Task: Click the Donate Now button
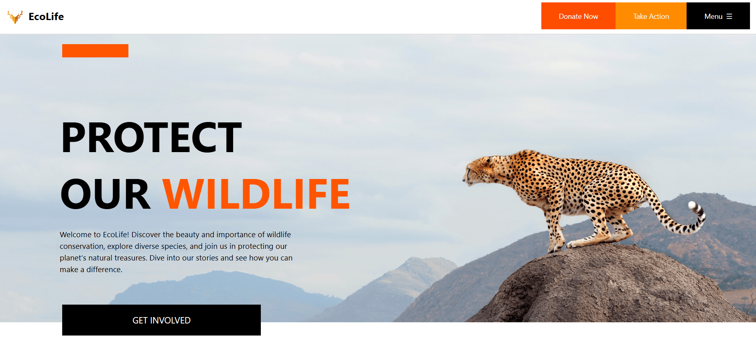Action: click(578, 16)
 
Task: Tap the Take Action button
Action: click(651, 16)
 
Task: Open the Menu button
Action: click(718, 16)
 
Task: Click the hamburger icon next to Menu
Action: click(730, 16)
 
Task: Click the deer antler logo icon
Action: click(15, 16)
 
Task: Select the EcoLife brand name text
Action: click(46, 16)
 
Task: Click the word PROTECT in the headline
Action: click(151, 138)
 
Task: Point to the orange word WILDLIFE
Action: click(256, 194)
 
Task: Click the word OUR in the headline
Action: click(106, 194)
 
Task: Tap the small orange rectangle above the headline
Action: click(95, 51)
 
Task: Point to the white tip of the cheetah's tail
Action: click(693, 205)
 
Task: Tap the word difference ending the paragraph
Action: click(104, 269)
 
